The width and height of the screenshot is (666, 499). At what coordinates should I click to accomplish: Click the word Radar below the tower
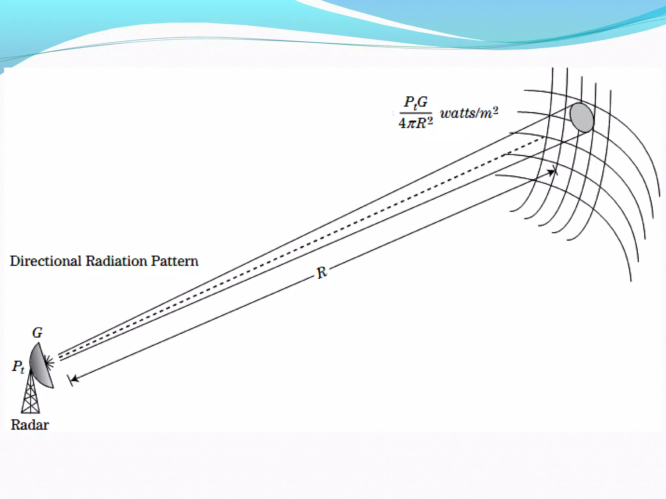pos(30,425)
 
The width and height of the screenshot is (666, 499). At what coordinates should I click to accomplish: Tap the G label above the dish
pos(37,333)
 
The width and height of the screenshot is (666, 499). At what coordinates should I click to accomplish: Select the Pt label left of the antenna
pos(18,367)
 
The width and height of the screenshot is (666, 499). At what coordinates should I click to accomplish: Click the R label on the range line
pos(322,273)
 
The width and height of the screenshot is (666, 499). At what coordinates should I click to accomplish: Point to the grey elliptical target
pos(581,117)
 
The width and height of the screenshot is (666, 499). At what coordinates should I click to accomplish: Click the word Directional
pos(46,261)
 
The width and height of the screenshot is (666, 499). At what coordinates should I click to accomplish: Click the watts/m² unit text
pos(469,113)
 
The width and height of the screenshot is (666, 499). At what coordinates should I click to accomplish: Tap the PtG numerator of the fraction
pos(416,102)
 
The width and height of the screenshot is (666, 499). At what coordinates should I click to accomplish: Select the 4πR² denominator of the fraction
pos(416,123)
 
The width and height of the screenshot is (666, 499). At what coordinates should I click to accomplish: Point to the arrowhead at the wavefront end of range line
pos(551,172)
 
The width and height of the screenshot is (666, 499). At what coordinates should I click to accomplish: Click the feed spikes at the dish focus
pos(49,362)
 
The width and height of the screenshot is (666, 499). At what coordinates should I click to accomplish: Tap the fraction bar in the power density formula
pos(416,113)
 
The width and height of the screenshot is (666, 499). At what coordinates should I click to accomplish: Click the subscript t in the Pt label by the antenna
pos(22,369)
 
